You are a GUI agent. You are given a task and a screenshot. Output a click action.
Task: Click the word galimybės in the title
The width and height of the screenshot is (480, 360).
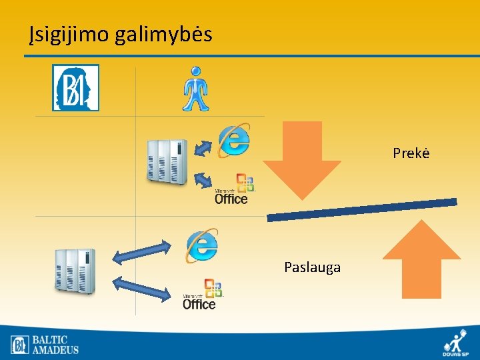tap(163, 34)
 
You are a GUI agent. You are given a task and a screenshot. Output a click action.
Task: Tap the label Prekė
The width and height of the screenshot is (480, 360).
tap(411, 153)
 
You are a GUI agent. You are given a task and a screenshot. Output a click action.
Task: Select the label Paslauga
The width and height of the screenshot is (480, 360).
tap(312, 267)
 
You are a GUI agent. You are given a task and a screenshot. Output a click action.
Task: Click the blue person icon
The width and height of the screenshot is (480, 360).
tap(196, 89)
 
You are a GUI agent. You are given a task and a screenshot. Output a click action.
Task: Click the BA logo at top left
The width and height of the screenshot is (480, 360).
tap(76, 87)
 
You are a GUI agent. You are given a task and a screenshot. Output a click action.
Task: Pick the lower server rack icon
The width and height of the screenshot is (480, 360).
tap(75, 271)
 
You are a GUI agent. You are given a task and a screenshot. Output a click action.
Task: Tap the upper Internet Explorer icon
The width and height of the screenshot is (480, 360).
tap(234, 139)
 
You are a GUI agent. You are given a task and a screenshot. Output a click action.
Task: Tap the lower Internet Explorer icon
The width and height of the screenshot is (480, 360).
tap(202, 245)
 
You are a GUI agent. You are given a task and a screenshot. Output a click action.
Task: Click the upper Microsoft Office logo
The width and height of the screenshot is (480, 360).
tap(233, 189)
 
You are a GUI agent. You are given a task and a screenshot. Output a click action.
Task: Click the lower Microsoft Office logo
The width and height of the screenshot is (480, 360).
tap(201, 295)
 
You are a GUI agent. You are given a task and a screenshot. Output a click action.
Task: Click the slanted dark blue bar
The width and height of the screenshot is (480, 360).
tap(362, 209)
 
